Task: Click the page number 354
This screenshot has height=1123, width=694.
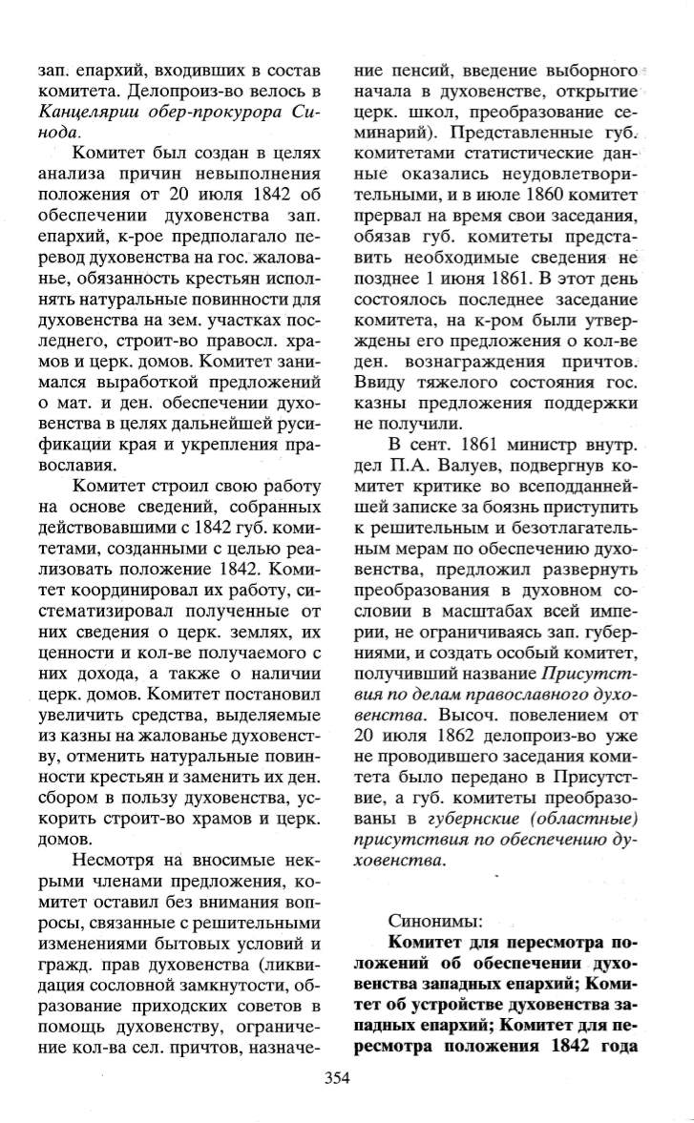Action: (x=338, y=1079)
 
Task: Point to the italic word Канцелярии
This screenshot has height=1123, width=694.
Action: (x=85, y=113)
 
